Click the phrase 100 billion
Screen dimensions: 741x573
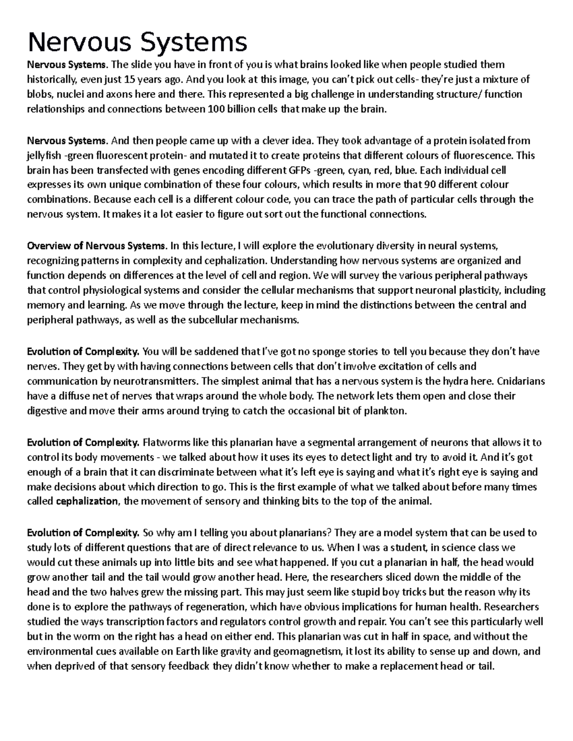click(231, 109)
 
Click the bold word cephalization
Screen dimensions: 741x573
click(87, 501)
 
